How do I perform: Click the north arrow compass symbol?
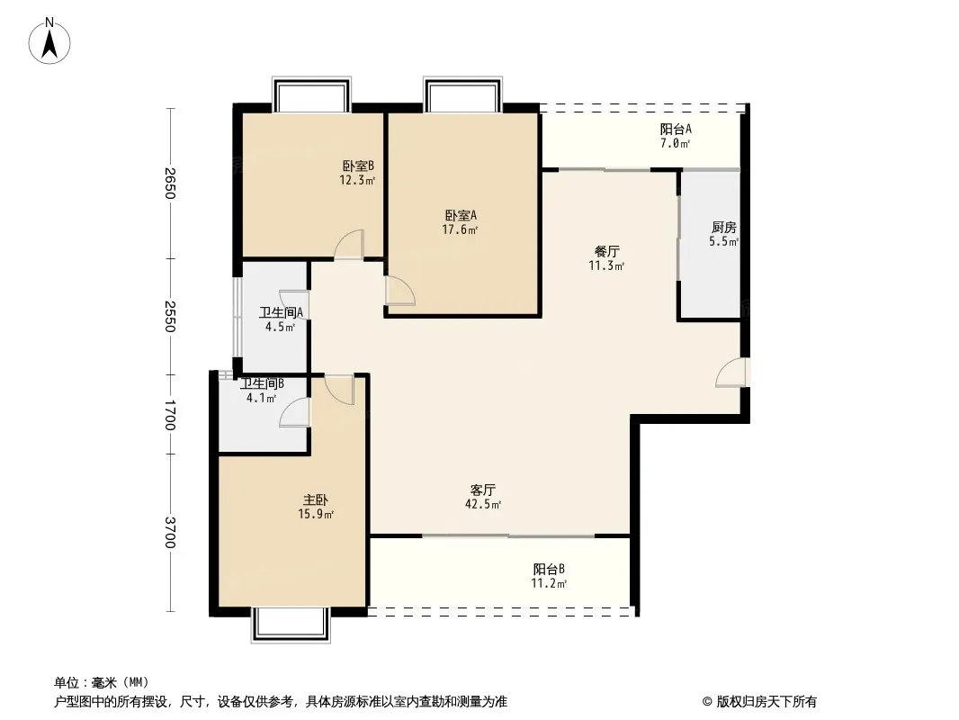pos(49,41)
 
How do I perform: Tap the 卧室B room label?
pos(358,166)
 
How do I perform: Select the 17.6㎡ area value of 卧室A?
pos(460,230)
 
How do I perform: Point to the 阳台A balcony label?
pos(676,129)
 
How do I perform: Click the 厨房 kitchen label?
pos(723,228)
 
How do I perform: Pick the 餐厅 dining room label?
pos(606,251)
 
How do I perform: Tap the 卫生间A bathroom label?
pos(282,312)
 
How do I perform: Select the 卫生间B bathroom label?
pos(262,384)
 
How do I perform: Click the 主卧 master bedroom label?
pos(316,499)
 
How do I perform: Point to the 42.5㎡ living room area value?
pos(483,505)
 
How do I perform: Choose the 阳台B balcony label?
pos(549,569)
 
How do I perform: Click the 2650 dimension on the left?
pos(170,183)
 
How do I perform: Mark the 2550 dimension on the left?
pos(170,316)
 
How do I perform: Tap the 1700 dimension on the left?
pos(170,415)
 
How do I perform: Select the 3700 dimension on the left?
pos(170,533)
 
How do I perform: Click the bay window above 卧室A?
pos(463,94)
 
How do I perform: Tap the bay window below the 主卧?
pos(291,625)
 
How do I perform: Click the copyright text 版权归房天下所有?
pos(766,702)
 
